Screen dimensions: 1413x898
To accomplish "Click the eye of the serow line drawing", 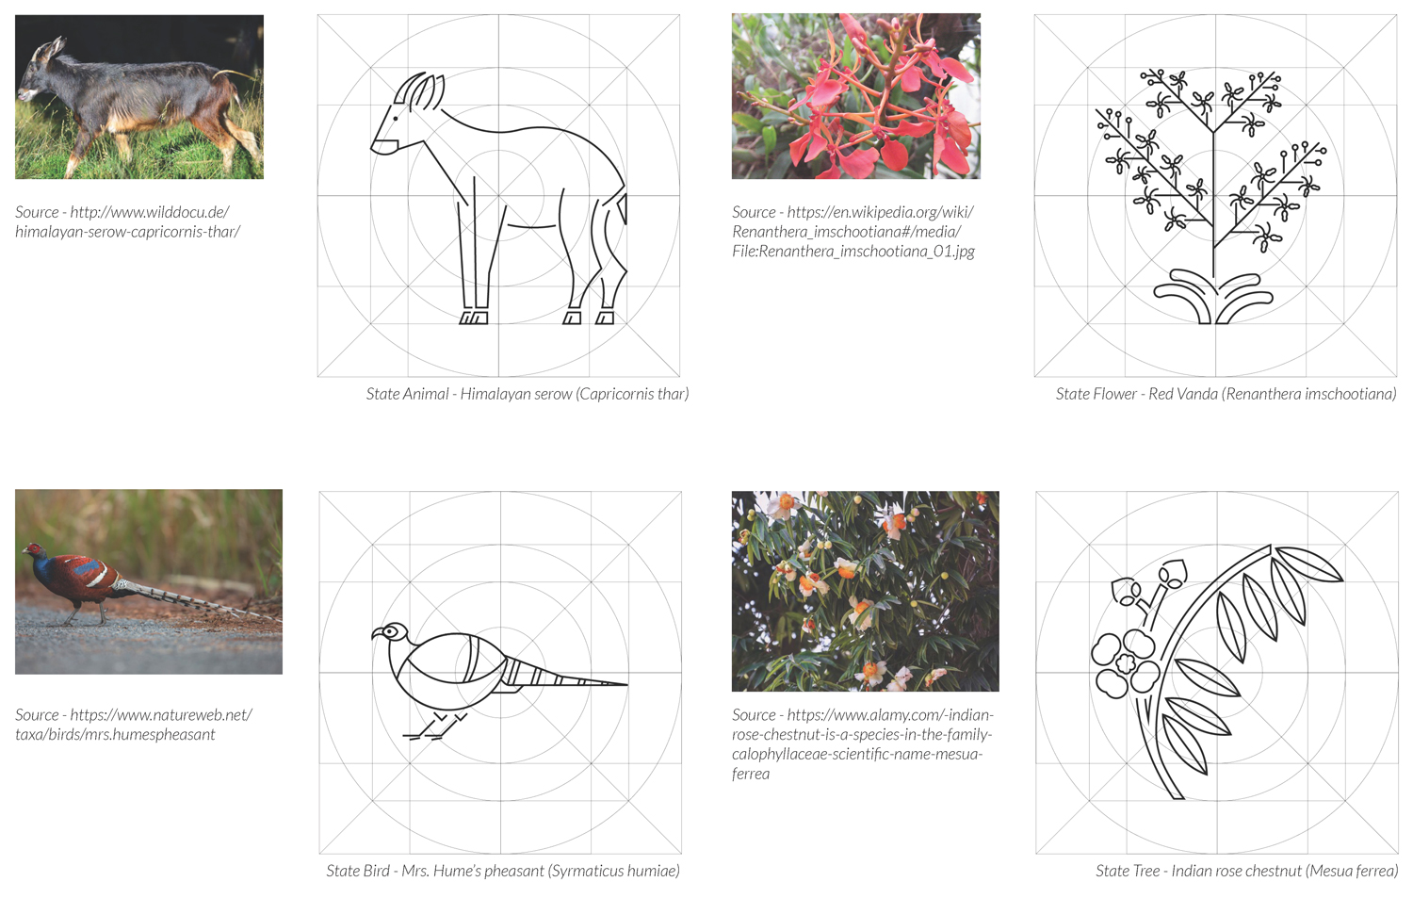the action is click(396, 118).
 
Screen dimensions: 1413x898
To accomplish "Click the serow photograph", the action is click(139, 96).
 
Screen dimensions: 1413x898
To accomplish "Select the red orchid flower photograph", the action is click(856, 96).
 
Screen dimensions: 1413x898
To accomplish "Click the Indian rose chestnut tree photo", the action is click(866, 592).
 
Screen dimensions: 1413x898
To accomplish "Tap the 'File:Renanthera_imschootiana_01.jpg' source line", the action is click(853, 252).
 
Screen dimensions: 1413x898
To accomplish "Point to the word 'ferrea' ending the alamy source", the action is click(751, 773).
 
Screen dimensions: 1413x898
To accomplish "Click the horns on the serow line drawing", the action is click(420, 90).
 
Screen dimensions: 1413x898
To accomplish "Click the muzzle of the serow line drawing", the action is click(383, 146).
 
